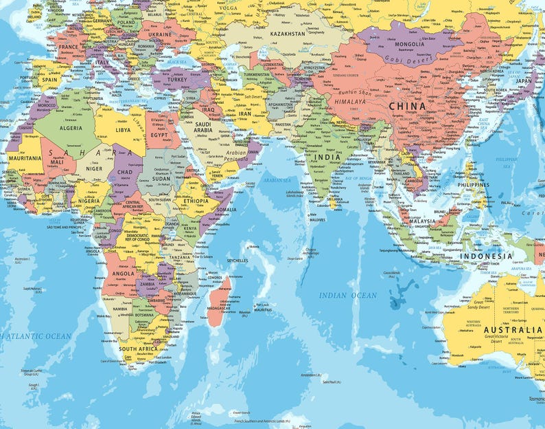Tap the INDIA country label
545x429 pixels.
pyautogui.click(x=327, y=157)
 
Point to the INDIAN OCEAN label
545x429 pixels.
pyautogui.click(x=348, y=295)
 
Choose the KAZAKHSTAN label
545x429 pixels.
pyautogui.click(x=287, y=33)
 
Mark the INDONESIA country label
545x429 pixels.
pyautogui.click(x=486, y=256)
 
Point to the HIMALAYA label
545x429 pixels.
pyautogui.click(x=351, y=100)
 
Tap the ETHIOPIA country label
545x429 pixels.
pyautogui.click(x=196, y=201)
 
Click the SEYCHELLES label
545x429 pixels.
pyautogui.click(x=237, y=261)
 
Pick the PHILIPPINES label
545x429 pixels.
pyautogui.click(x=474, y=185)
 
